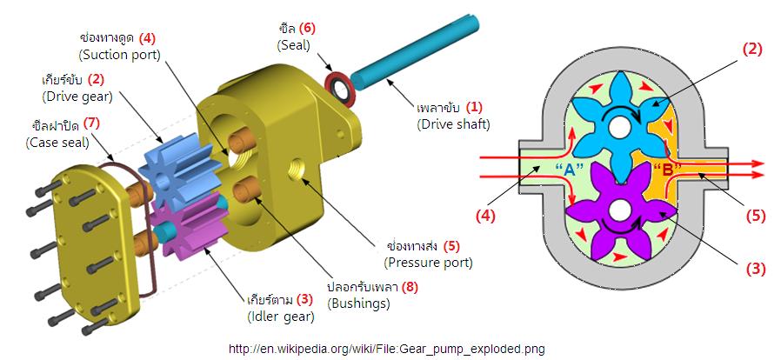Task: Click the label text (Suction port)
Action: point(118,54)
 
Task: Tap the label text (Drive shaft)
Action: point(452,123)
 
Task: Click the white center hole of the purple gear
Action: point(618,210)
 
